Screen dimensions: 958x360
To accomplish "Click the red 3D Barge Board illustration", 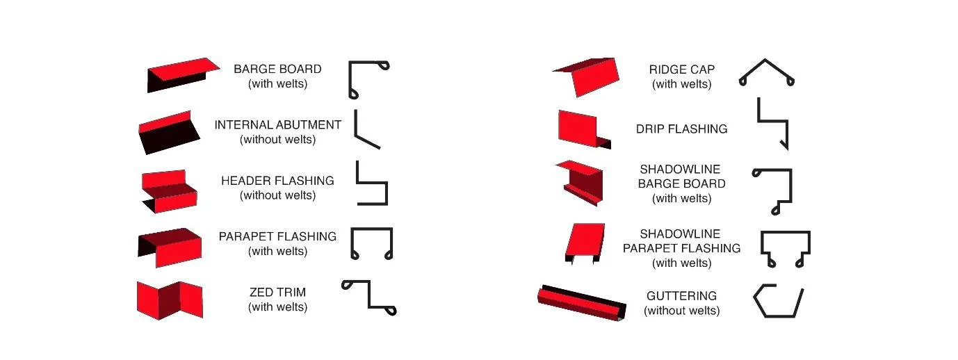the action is [x=178, y=72].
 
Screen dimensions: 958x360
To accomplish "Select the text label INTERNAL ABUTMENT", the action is [x=277, y=125].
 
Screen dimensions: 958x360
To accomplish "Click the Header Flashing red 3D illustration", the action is [x=169, y=190].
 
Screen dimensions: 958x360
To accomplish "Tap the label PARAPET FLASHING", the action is [x=277, y=236].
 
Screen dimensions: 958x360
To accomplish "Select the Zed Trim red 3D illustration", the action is [x=169, y=299].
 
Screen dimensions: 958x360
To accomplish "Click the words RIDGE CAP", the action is [x=681, y=69].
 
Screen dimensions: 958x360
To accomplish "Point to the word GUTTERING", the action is [x=681, y=296].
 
